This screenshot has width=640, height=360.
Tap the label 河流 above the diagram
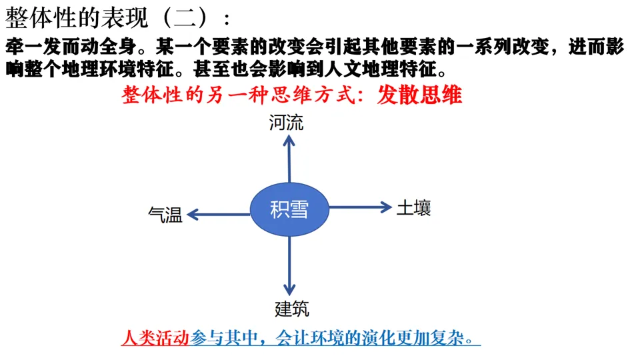coord(286,123)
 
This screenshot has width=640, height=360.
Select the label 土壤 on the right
coord(414,207)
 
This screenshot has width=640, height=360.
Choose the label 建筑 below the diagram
coord(292,309)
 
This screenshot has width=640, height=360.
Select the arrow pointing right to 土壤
coord(360,207)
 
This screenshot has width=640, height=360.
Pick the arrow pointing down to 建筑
coord(289,267)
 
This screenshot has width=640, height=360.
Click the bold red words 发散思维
coord(419,95)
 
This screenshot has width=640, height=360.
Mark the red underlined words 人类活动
coord(156,337)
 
